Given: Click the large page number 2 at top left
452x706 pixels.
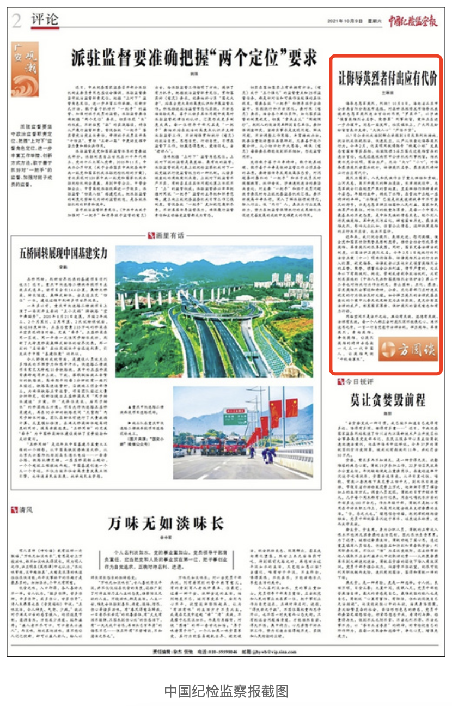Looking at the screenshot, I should click(17, 21).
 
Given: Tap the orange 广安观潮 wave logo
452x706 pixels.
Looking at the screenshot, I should click(26, 70).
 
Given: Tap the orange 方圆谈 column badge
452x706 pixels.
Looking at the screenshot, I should click(409, 349).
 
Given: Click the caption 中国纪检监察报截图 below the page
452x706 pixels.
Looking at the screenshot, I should click(226, 690).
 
